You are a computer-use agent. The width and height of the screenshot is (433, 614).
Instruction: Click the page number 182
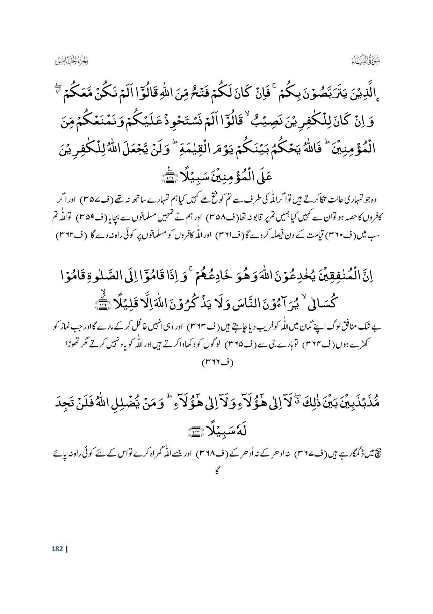pos(57,549)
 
